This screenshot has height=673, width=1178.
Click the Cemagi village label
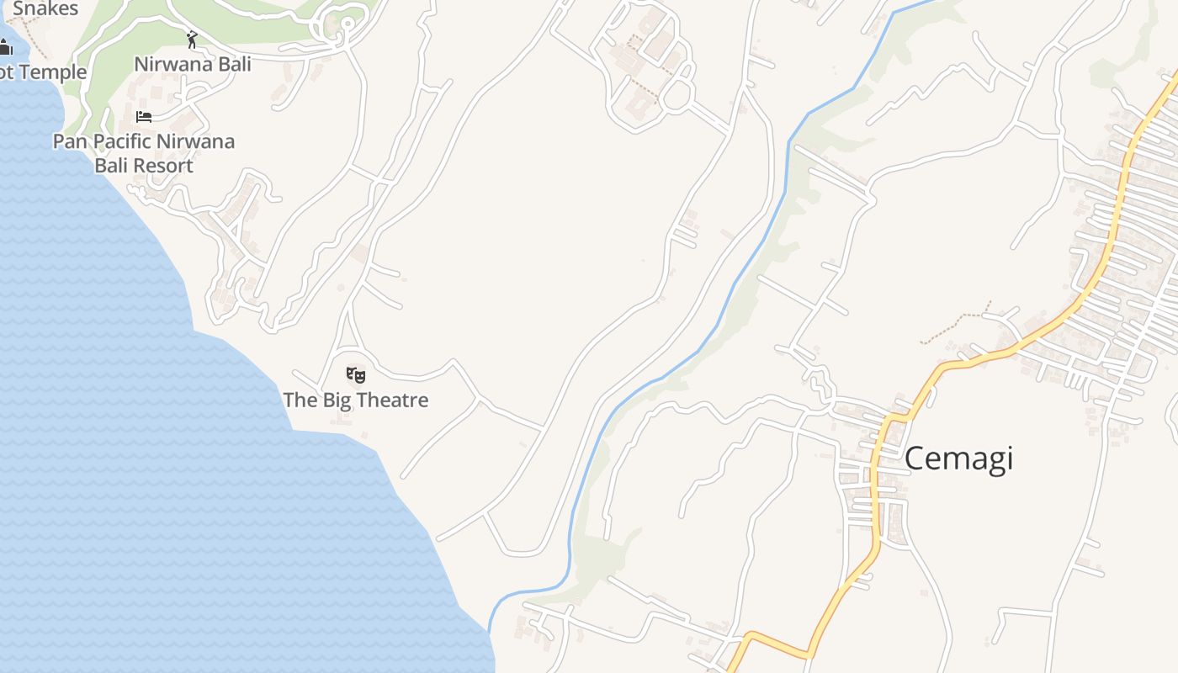[x=958, y=458]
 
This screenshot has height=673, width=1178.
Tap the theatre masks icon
[x=356, y=375]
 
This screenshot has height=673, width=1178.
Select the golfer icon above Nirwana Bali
[x=192, y=40]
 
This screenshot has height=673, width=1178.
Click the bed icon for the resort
[x=144, y=116]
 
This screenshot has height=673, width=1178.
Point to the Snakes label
[x=45, y=9]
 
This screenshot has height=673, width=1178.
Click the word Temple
[x=53, y=72]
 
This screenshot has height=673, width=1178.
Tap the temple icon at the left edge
[x=6, y=47]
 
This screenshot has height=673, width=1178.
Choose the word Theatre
[x=390, y=400]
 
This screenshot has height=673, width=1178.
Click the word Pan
[x=70, y=141]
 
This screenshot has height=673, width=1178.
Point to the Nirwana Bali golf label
[x=193, y=64]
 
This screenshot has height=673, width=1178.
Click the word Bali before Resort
[x=110, y=166]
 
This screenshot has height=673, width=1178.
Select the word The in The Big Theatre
[x=300, y=400]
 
